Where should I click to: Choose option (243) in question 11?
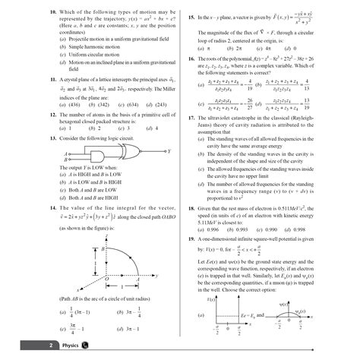point(159,104)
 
